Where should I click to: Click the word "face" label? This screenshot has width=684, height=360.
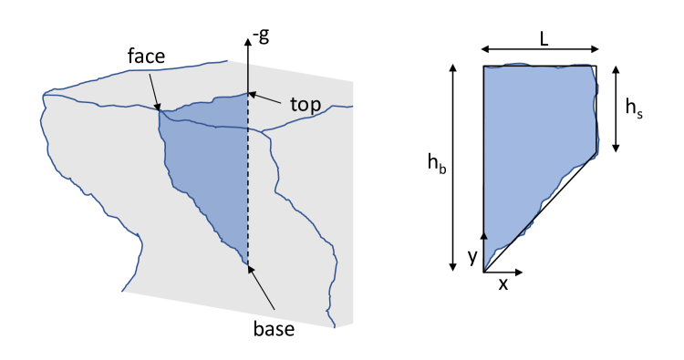click(x=146, y=57)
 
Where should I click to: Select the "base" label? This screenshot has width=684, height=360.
click(x=274, y=329)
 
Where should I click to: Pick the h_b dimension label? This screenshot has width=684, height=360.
click(x=436, y=164)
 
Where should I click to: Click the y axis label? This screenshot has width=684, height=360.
click(x=472, y=257)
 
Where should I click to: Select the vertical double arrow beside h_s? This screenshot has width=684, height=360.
click(x=617, y=108)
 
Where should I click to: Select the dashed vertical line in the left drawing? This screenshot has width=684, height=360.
click(x=248, y=182)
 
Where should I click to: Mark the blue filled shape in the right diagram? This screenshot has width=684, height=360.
click(x=534, y=137)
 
